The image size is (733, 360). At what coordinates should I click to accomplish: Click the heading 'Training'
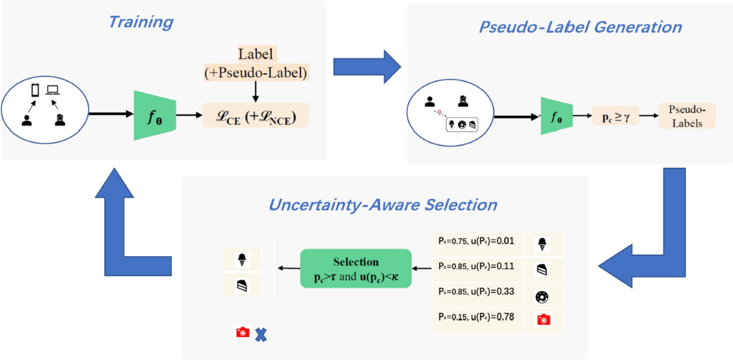140,23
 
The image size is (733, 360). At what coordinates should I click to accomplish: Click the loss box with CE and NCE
255,114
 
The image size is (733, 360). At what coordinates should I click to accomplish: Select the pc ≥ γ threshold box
616,114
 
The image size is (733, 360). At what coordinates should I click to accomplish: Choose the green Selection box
356,268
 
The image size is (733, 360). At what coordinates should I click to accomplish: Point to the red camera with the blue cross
243,332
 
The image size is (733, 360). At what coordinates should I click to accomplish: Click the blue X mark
261,334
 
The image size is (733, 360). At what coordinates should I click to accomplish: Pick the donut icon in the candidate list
542,297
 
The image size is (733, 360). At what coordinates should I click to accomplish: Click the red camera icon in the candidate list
542,320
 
